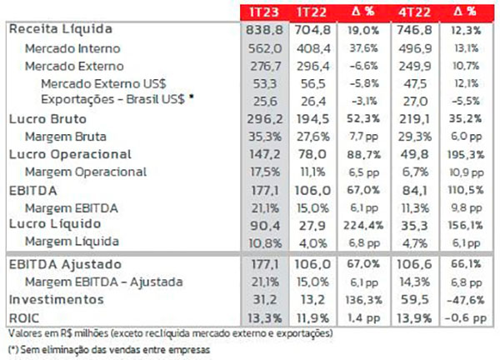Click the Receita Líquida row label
tap(55, 29)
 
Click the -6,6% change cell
tap(367, 64)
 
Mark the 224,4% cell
tap(367, 224)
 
